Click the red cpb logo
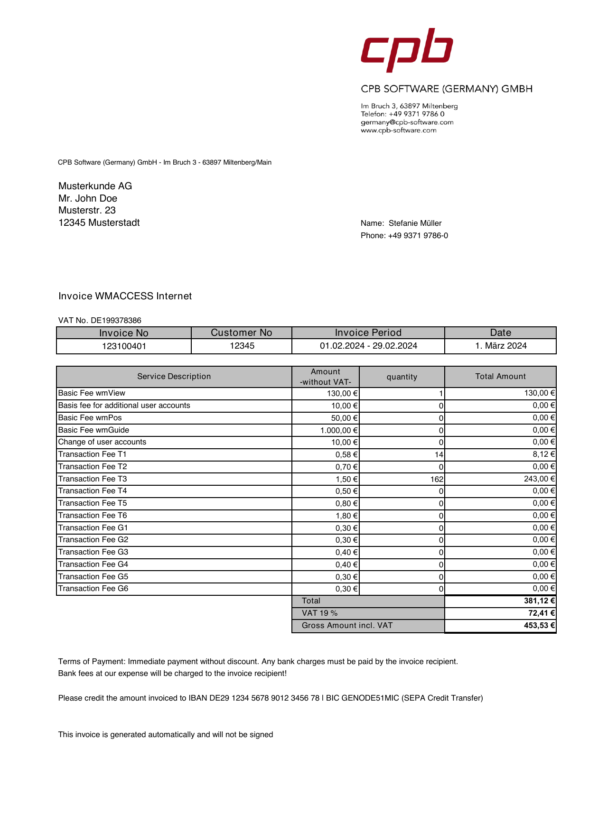407,50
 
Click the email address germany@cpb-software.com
407,122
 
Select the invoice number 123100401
124,346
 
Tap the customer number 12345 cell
242,346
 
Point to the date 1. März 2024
501,346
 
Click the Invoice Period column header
368,333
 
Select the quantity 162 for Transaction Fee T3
437,479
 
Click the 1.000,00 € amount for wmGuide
339,430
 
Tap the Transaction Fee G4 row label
93,564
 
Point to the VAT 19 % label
319,613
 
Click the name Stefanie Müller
415,223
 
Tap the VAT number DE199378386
116,321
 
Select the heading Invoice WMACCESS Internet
125,296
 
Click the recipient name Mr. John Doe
88,199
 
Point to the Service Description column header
174,377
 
